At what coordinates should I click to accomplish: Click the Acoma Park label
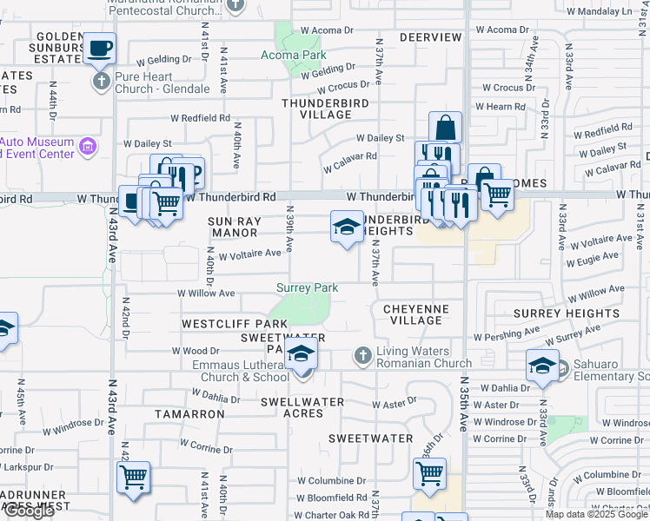point(294,55)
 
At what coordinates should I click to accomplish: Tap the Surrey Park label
point(307,287)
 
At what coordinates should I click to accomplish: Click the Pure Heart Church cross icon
point(101,82)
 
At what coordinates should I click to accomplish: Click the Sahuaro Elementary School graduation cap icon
point(542,365)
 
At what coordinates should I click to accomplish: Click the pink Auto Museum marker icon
point(87,147)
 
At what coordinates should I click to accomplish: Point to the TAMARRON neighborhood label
point(189,414)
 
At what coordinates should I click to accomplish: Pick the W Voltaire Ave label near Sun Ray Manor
point(249,254)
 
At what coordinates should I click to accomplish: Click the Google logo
point(28,511)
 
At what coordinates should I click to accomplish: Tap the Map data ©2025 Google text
point(595,514)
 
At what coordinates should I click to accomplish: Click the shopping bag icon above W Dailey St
point(444,128)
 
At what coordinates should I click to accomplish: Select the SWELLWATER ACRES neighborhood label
point(302,407)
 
